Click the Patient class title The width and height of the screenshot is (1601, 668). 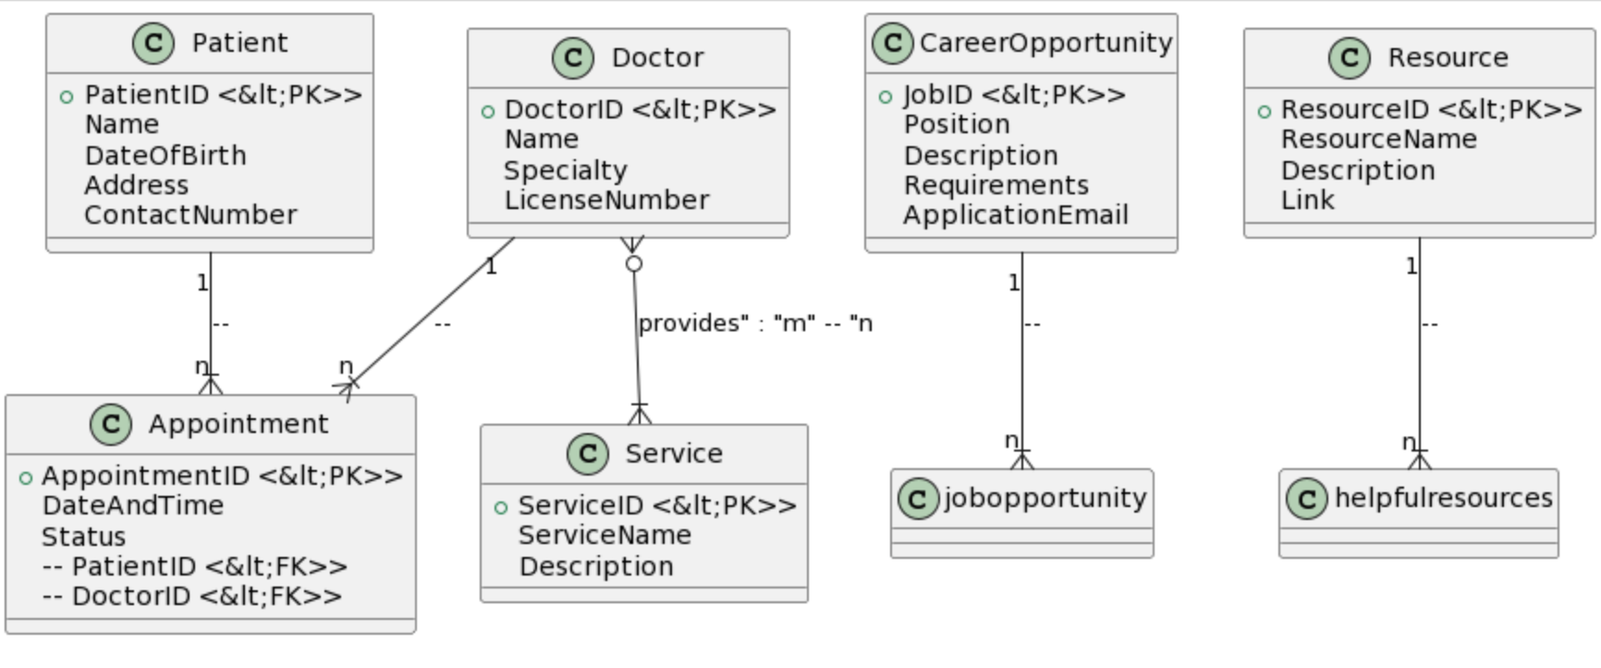[238, 43]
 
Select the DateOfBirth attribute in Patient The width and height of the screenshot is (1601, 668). [165, 155]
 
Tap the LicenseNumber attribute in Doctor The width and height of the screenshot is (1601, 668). [606, 200]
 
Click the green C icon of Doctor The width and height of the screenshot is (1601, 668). [573, 57]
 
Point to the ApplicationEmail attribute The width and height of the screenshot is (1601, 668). [1015, 215]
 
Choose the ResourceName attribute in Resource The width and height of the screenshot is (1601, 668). [1378, 139]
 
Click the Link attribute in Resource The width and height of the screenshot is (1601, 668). [1307, 200]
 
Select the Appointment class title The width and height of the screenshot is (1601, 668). [238, 424]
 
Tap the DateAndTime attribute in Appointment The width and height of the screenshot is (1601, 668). [132, 505]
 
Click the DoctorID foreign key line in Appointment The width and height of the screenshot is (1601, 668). [191, 596]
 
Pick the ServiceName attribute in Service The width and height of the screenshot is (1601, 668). [605, 535]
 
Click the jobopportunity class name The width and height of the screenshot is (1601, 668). [1045, 498]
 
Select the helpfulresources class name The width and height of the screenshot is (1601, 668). [1443, 498]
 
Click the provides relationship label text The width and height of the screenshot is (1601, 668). [754, 323]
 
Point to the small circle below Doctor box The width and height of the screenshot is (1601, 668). [633, 264]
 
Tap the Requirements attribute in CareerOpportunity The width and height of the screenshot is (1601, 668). [996, 185]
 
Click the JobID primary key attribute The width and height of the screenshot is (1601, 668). [1013, 94]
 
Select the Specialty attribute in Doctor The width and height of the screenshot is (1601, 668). [565, 170]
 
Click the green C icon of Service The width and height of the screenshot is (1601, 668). [588, 453]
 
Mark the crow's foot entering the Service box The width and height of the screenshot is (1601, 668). [640, 414]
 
